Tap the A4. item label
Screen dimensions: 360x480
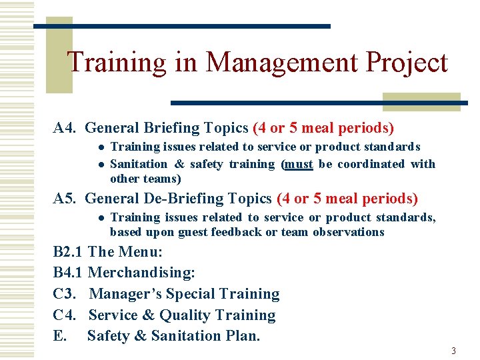[67, 127]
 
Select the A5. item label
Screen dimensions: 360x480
[67, 199]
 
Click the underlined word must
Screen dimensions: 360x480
[298, 164]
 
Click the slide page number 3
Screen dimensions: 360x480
[453, 351]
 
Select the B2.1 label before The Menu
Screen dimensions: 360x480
[68, 252]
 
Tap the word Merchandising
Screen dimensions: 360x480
[141, 273]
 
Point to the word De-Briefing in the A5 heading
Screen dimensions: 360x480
[172, 199]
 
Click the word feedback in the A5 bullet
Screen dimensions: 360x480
[236, 232]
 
